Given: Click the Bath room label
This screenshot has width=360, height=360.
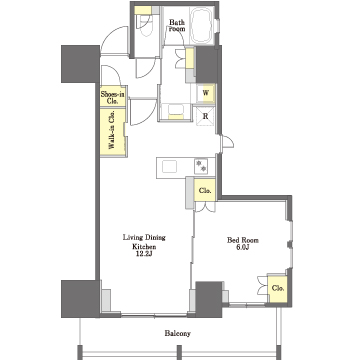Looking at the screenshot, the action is [x=176, y=25].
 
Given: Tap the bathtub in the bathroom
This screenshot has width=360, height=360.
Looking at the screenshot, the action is [x=202, y=25].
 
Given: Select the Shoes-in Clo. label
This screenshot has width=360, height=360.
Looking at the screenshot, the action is [x=113, y=97].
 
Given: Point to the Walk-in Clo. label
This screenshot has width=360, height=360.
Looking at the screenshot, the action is [x=112, y=132].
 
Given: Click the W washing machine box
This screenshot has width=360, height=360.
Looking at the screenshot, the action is [x=206, y=93].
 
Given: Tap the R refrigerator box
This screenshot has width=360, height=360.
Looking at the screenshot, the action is [x=206, y=116].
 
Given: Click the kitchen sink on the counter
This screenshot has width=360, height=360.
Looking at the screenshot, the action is [x=169, y=166].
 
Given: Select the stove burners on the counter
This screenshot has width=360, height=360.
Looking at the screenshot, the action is [x=201, y=166].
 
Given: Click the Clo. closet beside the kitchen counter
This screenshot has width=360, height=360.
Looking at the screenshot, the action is [x=205, y=191].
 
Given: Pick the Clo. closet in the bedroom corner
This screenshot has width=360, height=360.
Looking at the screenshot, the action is [x=278, y=289].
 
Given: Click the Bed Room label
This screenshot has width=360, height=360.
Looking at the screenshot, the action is [x=243, y=240].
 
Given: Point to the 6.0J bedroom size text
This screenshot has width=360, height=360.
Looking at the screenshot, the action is [x=243, y=248].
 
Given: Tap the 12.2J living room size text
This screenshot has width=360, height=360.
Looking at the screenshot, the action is [x=144, y=255].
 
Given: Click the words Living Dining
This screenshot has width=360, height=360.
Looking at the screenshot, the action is [x=144, y=238].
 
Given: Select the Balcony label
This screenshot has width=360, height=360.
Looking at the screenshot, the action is [x=178, y=333].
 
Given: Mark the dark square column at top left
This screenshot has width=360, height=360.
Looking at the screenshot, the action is [x=80, y=64].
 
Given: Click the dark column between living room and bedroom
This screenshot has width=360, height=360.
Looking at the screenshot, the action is [x=209, y=299].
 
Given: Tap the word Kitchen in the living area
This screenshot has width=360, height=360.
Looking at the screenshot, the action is [x=144, y=247].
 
